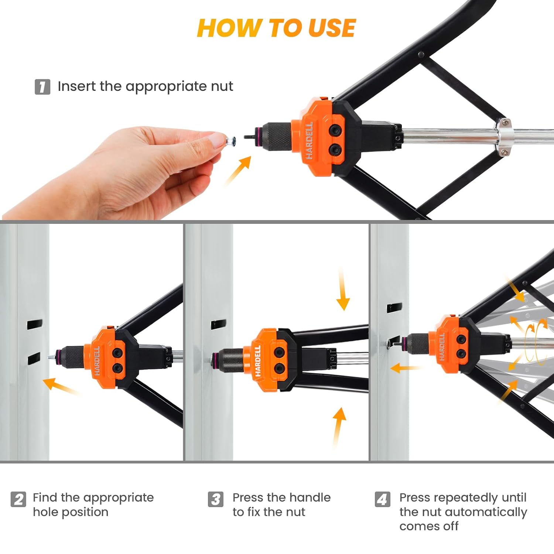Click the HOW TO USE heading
[276, 28]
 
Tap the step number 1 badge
[42, 87]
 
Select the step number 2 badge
[18, 499]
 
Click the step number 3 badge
[216, 499]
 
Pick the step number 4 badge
[383, 499]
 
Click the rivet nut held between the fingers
[230, 141]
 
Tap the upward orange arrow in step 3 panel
[338, 427]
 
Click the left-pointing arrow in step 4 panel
[405, 368]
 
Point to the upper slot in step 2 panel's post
[34, 324]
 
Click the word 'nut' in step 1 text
[222, 87]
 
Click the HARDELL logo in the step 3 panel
[258, 361]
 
